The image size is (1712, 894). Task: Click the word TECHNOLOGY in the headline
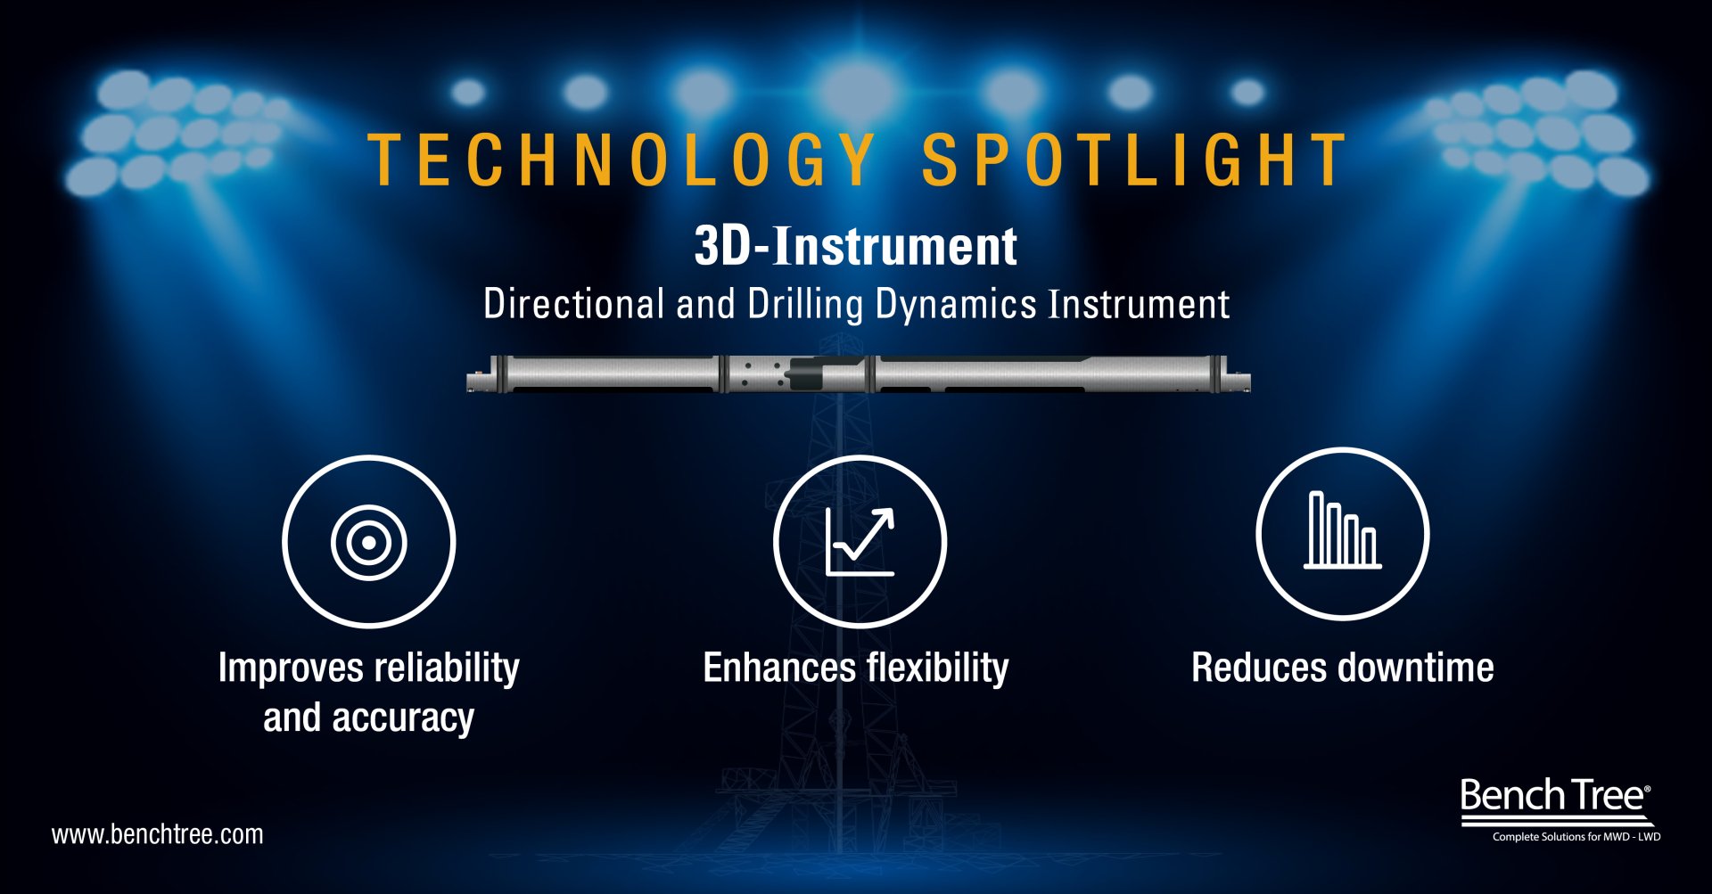pos(621,160)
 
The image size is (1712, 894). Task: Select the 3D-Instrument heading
pos(856,246)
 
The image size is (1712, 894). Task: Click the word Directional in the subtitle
pos(573,304)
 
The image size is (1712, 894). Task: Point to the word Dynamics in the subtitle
pos(956,306)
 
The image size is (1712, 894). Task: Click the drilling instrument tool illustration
pos(859,373)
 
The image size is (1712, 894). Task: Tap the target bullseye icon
pos(368,542)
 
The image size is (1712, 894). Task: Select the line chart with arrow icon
pos(860,542)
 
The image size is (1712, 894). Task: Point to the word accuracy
pos(403,718)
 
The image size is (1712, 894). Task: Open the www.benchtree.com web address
pos(158,835)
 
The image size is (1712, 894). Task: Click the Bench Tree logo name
pos(1555,795)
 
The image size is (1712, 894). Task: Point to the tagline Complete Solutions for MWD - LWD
pos(1576,837)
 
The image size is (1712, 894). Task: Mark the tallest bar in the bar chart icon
pos(1316,529)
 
